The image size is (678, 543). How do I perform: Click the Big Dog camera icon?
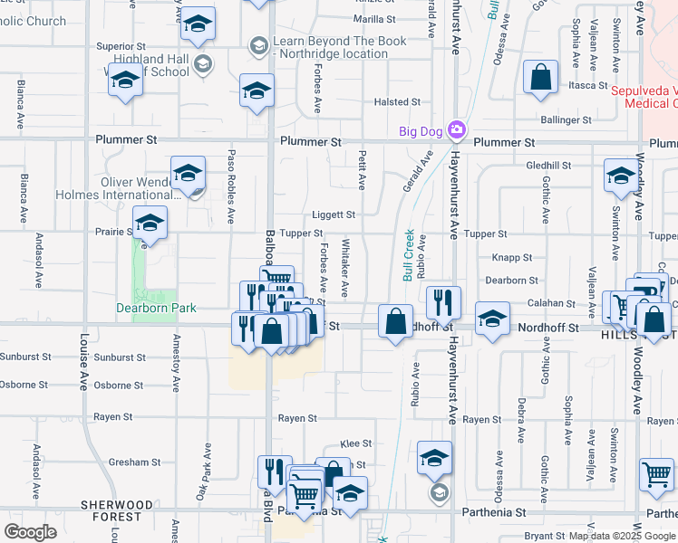pyautogui.click(x=456, y=130)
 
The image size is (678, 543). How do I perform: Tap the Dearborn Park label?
pyautogui.click(x=157, y=308)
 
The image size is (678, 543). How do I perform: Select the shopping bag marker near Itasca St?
pyautogui.click(x=540, y=79)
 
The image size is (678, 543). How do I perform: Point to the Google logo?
pyautogui.click(x=30, y=531)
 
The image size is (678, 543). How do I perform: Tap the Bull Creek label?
pyautogui.click(x=408, y=254)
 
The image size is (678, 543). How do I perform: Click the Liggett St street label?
pyautogui.click(x=334, y=214)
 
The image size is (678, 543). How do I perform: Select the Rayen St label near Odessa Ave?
pyautogui.click(x=481, y=420)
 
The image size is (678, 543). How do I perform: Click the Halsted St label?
pyautogui.click(x=397, y=103)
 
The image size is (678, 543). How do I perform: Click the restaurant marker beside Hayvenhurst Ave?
pyautogui.click(x=443, y=302)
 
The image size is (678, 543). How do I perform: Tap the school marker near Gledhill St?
pyautogui.click(x=622, y=177)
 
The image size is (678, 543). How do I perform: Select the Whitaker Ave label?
pyautogui.click(x=344, y=268)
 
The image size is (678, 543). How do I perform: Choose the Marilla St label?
pyautogui.click(x=374, y=19)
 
